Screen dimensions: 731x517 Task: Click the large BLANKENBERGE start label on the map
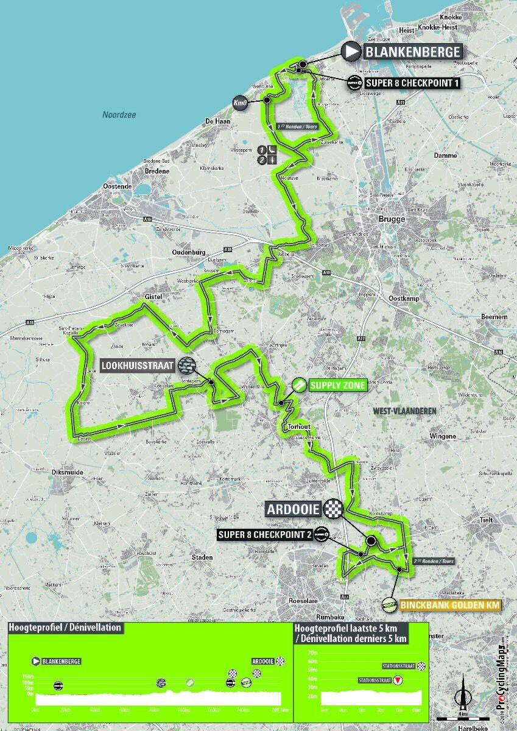click(x=413, y=52)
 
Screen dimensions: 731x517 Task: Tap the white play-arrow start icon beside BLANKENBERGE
click(x=351, y=52)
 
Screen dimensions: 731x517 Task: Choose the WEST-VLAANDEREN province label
click(x=404, y=411)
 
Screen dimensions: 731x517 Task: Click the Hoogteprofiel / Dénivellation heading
click(x=65, y=628)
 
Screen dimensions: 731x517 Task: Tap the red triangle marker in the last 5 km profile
click(x=398, y=680)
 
